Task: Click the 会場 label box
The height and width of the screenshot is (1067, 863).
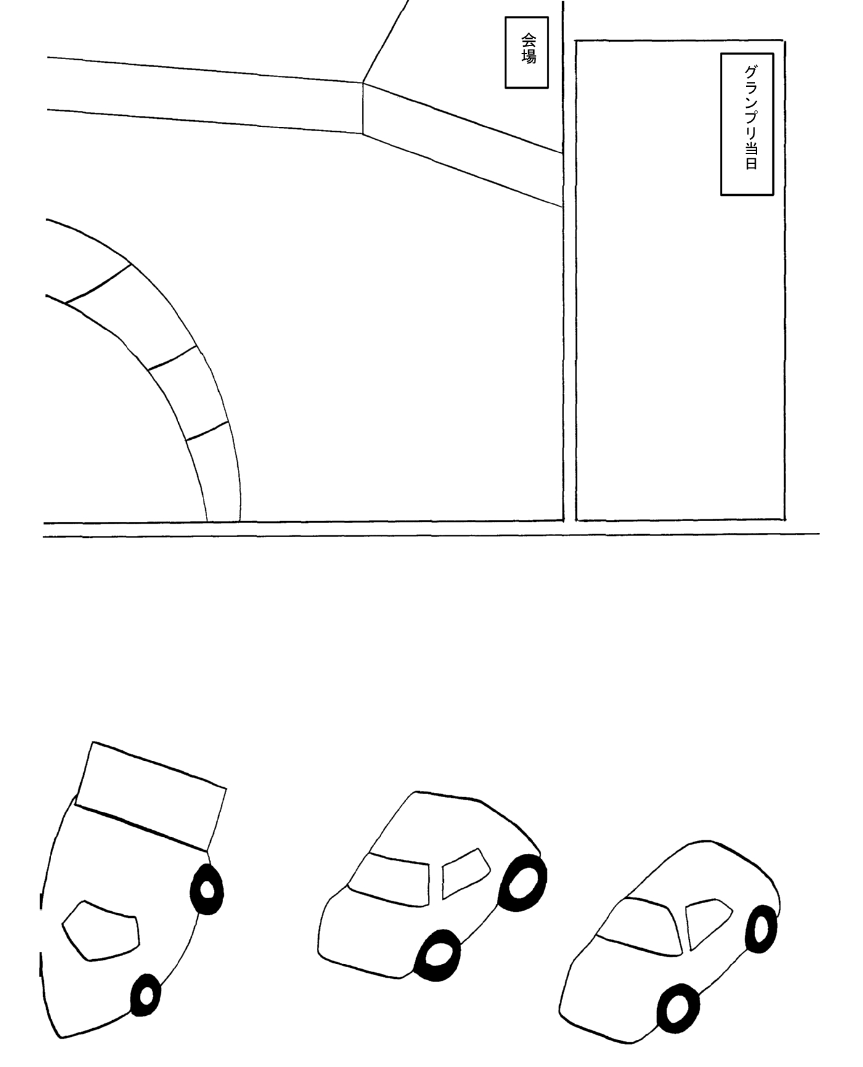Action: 526,52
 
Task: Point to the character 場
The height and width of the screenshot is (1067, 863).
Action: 528,57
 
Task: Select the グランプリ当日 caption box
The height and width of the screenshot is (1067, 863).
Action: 747,124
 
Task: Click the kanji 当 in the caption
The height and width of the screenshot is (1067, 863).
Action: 751,148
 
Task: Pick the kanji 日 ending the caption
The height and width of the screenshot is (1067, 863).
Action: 751,164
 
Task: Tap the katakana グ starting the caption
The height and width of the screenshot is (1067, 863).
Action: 751,71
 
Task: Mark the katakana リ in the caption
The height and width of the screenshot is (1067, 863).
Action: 751,132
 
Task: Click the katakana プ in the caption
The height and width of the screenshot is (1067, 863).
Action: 751,117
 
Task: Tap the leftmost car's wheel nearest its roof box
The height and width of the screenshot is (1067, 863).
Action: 207,889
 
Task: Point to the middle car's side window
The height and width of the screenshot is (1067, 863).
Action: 465,873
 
